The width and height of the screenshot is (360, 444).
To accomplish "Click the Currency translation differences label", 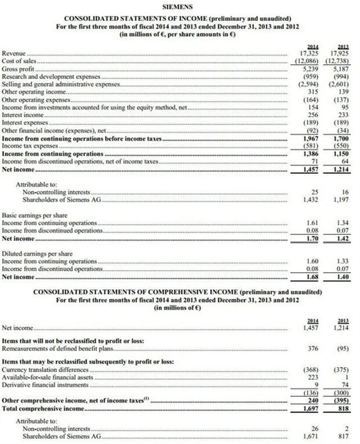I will (x=46, y=369).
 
